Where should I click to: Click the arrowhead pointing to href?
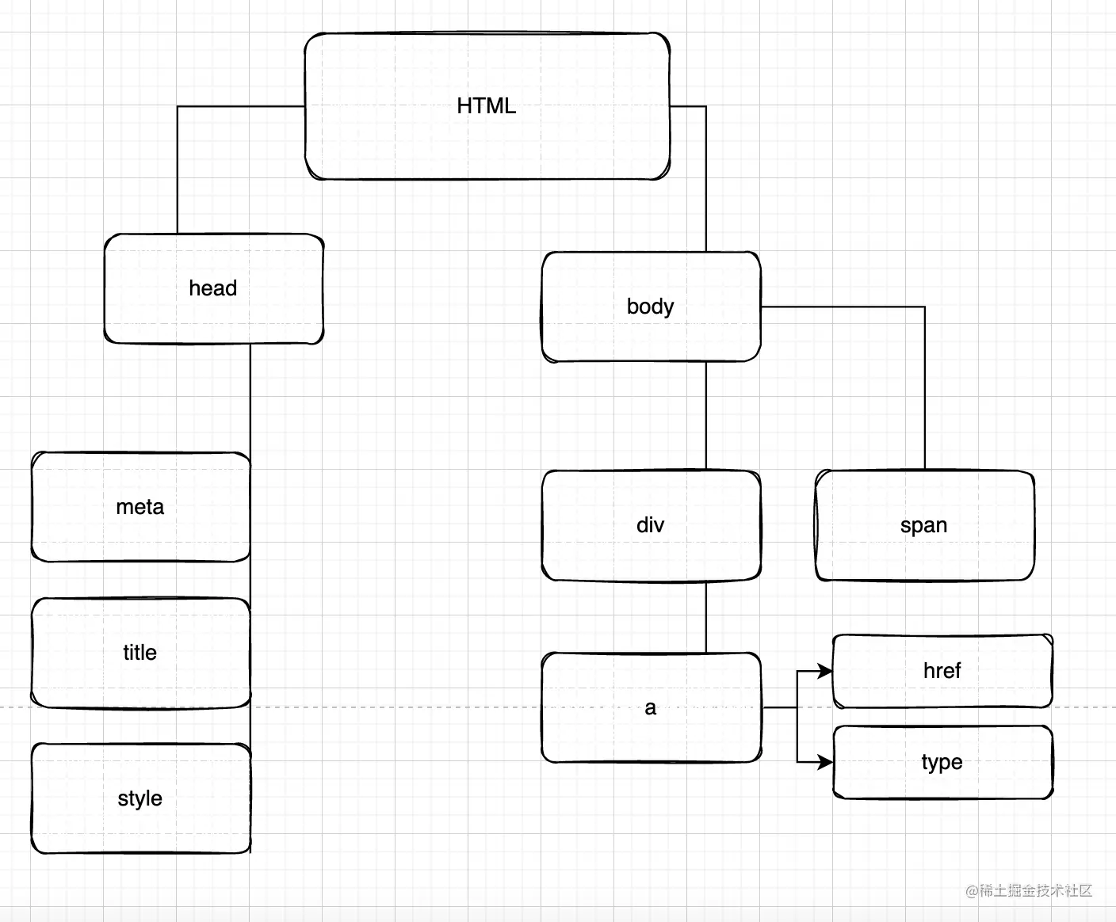825,672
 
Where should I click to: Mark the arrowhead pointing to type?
825,762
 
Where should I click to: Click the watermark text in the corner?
1029,890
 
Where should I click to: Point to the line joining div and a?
706,617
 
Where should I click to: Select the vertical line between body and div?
706,416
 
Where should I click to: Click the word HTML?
486,106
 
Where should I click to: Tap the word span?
923,525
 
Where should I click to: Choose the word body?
650,307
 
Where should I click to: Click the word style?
139,798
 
